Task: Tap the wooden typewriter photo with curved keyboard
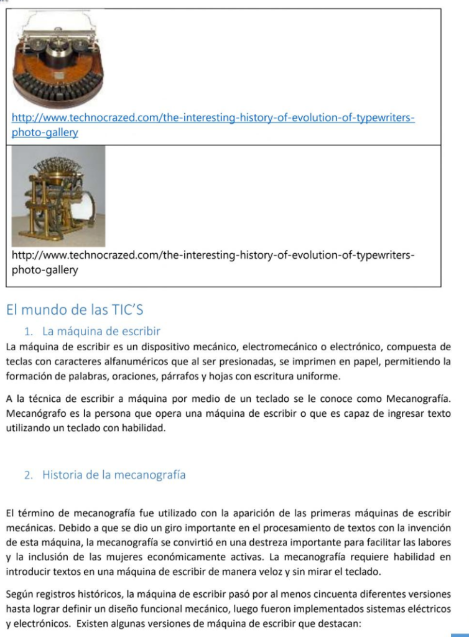point(58,60)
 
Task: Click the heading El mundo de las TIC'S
point(75,309)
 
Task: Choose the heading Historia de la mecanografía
point(114,475)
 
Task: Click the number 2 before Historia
point(27,475)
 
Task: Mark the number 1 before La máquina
point(27,331)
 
